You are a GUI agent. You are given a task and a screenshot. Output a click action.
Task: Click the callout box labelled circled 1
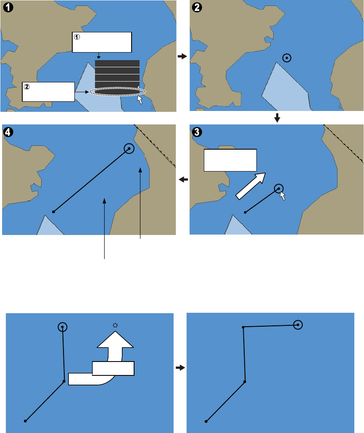click(102, 42)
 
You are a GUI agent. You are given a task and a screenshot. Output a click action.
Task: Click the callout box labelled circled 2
click(48, 92)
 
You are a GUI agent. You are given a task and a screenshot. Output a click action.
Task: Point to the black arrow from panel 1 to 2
click(182, 56)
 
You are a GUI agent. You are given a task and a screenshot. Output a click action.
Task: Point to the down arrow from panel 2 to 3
click(277, 119)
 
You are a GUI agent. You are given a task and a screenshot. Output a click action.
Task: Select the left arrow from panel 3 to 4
click(182, 180)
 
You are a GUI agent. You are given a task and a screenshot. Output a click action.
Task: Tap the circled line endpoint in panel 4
click(129, 148)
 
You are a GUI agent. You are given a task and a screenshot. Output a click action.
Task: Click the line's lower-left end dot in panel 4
click(53, 212)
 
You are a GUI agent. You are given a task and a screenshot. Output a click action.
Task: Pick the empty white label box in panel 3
click(230, 160)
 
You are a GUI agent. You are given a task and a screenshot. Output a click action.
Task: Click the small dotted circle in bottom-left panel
click(115, 325)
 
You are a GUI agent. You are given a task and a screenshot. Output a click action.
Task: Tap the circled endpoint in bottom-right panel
click(298, 325)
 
